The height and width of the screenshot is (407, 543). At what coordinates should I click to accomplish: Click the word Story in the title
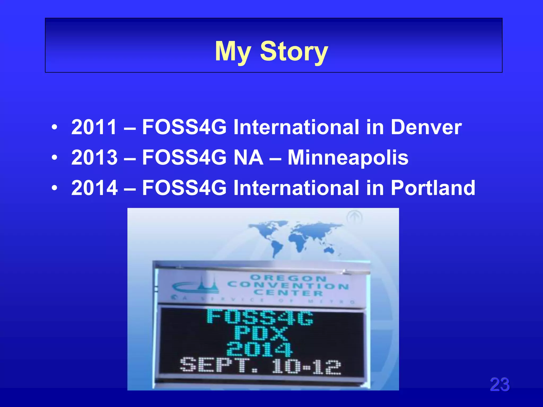click(x=294, y=51)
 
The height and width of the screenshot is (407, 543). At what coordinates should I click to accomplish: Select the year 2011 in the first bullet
click(x=94, y=127)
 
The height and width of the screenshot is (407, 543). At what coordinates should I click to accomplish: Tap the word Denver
click(x=426, y=127)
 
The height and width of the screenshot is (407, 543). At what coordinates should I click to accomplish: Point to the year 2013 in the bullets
click(x=94, y=157)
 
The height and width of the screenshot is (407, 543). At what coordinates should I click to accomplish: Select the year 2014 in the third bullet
click(x=94, y=188)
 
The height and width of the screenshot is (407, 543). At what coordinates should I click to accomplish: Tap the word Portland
click(x=433, y=188)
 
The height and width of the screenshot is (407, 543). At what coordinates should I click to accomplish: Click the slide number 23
click(x=500, y=384)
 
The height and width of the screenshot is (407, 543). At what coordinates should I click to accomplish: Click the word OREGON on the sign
click(x=288, y=278)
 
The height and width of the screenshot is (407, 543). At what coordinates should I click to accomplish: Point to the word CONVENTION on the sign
click(x=288, y=285)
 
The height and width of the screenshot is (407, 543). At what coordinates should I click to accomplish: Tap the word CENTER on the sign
click(x=288, y=293)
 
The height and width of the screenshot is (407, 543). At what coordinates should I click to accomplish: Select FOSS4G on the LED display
click(x=260, y=317)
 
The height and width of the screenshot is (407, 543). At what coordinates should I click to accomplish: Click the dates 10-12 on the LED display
click(x=306, y=367)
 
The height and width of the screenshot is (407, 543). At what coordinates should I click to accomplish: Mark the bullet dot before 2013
click(x=55, y=158)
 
